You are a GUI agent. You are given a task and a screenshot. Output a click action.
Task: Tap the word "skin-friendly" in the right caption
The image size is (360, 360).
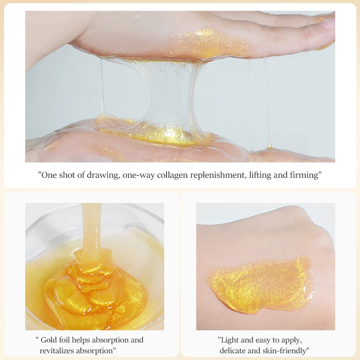[287, 350]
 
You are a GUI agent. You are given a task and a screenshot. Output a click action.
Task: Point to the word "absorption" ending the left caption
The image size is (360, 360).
[99, 350]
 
